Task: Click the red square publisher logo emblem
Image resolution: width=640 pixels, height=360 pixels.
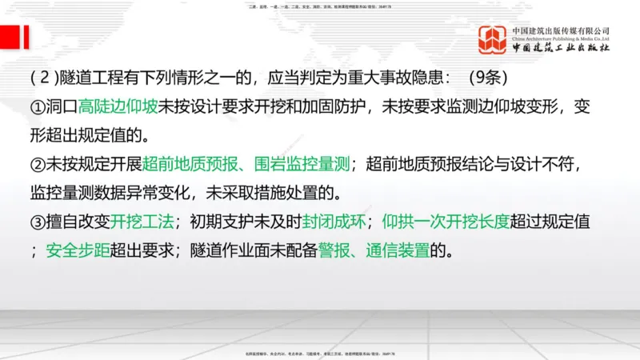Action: click(493, 40)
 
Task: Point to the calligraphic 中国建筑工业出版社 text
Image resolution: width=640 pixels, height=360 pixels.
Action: click(561, 49)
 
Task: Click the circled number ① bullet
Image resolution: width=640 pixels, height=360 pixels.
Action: click(38, 106)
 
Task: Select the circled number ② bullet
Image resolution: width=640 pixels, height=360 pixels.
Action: click(38, 165)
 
